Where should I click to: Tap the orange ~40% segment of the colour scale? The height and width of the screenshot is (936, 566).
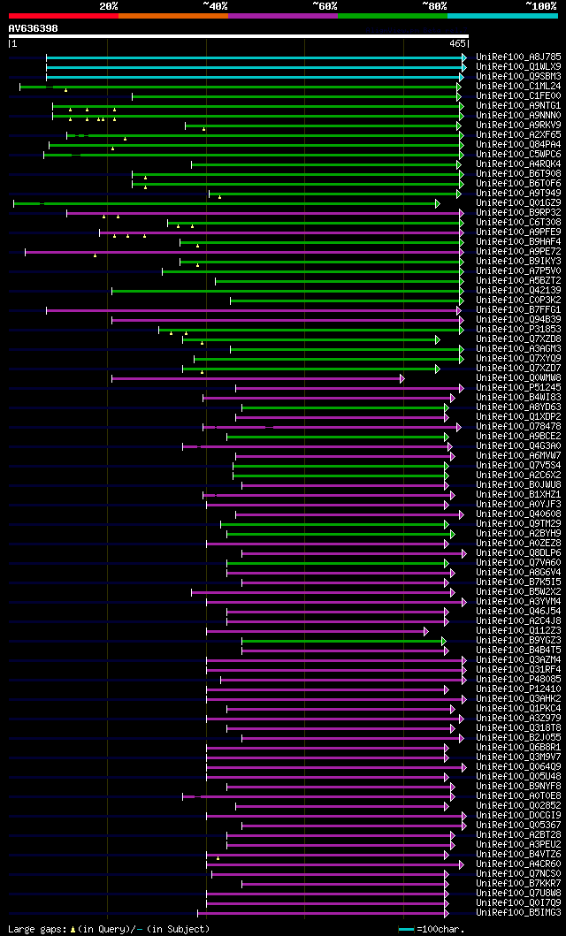pyautogui.click(x=172, y=15)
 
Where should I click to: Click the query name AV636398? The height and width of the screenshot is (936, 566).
pyautogui.click(x=34, y=28)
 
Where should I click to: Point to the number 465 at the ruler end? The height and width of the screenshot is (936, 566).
pyautogui.click(x=457, y=43)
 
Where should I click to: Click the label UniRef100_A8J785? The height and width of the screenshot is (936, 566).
pyautogui.click(x=518, y=57)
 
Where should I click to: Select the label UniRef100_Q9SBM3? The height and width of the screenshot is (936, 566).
pyautogui.click(x=518, y=77)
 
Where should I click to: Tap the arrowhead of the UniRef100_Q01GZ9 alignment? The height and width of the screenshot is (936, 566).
pyautogui.click(x=437, y=203)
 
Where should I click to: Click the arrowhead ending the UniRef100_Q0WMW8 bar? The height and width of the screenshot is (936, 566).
pyautogui.click(x=402, y=378)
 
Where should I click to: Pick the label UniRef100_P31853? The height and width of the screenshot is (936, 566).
pyautogui.click(x=518, y=330)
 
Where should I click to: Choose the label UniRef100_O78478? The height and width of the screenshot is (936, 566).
pyautogui.click(x=518, y=427)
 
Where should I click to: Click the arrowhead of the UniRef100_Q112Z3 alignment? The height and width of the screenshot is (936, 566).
pyautogui.click(x=425, y=631)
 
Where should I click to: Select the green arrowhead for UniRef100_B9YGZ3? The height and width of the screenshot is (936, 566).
pyautogui.click(x=444, y=641)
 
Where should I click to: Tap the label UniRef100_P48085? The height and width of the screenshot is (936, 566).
pyautogui.click(x=518, y=680)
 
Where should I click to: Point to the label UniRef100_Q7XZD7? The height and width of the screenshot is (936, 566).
pyautogui.click(x=518, y=369)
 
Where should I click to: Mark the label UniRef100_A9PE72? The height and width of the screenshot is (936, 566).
pyautogui.click(x=518, y=252)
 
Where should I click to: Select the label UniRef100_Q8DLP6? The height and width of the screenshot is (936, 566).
pyautogui.click(x=518, y=553)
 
